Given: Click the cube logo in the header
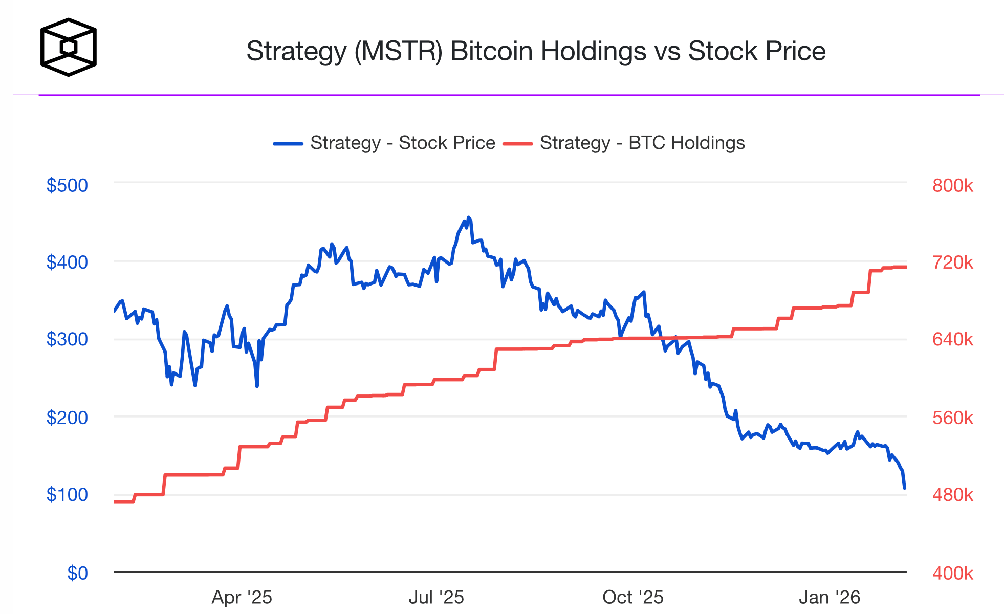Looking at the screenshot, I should pyautogui.click(x=68, y=48).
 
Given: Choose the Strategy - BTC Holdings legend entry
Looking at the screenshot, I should pyautogui.click(x=624, y=143).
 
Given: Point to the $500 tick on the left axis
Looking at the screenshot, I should pyautogui.click(x=67, y=185).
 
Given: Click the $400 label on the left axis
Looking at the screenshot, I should pyautogui.click(x=67, y=262).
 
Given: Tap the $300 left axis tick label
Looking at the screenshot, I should pyautogui.click(x=67, y=339).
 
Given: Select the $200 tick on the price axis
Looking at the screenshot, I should pyautogui.click(x=67, y=418).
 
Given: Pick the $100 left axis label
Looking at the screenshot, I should pyautogui.click(x=67, y=495).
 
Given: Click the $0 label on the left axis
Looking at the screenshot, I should pyautogui.click(x=78, y=573).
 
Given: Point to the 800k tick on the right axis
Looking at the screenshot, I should pyautogui.click(x=952, y=185).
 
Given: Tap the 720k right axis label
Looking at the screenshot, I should pyautogui.click(x=952, y=262).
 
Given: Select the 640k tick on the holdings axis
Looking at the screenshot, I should pyautogui.click(x=952, y=339).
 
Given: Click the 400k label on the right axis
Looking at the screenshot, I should pyautogui.click(x=952, y=573).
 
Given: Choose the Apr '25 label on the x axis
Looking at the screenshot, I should pyautogui.click(x=242, y=597).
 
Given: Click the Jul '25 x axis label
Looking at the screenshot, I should pyautogui.click(x=436, y=597).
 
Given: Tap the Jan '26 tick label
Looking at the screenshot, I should pyautogui.click(x=830, y=597).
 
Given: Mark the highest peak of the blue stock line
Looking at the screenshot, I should pyautogui.click(x=469, y=217).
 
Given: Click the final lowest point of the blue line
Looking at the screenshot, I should pyautogui.click(x=905, y=488).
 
